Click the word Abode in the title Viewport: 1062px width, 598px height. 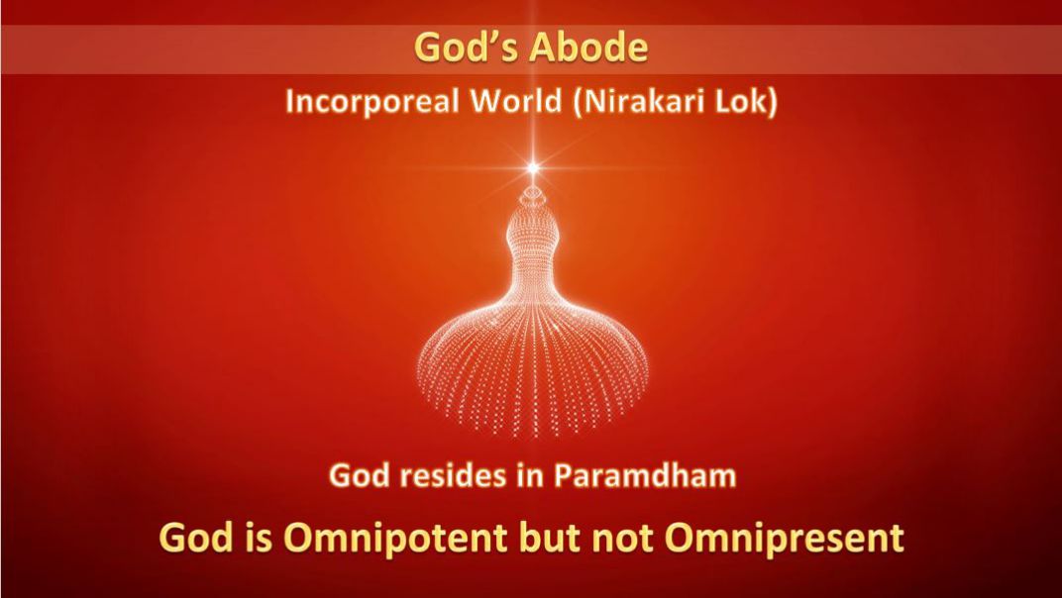point(588,48)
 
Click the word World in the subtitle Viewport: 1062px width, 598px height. point(516,101)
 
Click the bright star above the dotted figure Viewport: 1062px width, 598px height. point(533,167)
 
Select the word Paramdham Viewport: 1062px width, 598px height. point(645,475)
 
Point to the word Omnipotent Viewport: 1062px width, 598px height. point(395,538)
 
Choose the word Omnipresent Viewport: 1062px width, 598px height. point(785,539)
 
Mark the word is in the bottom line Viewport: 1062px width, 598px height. point(260,538)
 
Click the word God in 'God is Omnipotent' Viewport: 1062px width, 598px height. point(197,538)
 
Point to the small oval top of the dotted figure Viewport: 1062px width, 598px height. point(533,194)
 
